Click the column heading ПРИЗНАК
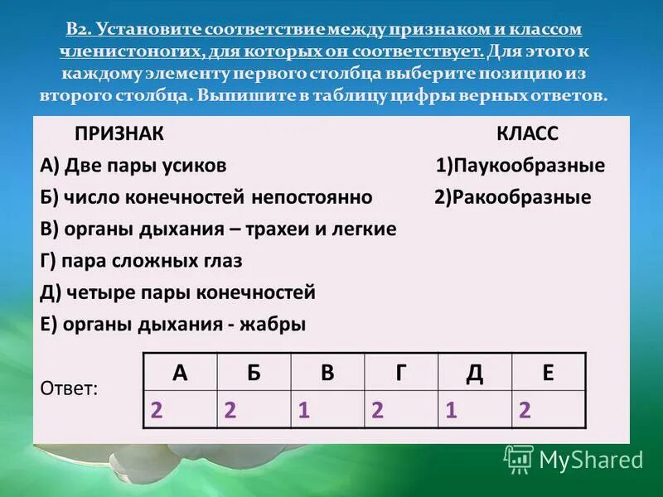tap(119, 134)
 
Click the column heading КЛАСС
tap(527, 134)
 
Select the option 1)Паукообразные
tap(520, 166)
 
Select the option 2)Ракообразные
tap(512, 197)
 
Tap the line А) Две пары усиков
tap(133, 166)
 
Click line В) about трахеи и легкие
tap(218, 229)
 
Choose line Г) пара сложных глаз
tap(141, 261)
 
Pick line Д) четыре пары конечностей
tap(177, 292)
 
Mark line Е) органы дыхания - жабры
tap(172, 324)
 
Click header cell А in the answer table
tap(180, 373)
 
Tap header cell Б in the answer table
tap(254, 373)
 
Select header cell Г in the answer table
tap(401, 373)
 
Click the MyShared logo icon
tap(519, 458)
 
